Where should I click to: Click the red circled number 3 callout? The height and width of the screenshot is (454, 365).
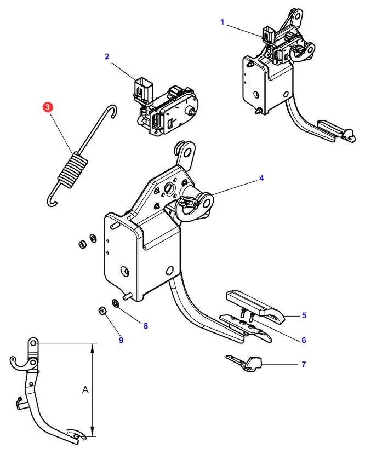[48, 107]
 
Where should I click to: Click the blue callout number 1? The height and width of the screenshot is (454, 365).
[222, 22]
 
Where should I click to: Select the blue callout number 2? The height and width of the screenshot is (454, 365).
[107, 56]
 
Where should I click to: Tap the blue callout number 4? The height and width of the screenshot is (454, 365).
[261, 178]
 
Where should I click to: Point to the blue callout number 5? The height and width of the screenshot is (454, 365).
[304, 315]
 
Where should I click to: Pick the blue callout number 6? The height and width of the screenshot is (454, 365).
[304, 340]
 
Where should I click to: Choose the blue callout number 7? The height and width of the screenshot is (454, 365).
[304, 364]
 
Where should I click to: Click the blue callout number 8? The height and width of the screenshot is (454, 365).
[146, 326]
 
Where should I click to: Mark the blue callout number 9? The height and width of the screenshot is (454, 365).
[121, 340]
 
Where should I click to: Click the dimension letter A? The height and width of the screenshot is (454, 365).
[85, 390]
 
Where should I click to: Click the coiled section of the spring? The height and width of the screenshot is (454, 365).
[72, 169]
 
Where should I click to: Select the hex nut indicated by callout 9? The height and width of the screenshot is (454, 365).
[102, 311]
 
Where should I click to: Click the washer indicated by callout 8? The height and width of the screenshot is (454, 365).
[115, 303]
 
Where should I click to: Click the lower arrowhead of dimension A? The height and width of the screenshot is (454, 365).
[93, 433]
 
